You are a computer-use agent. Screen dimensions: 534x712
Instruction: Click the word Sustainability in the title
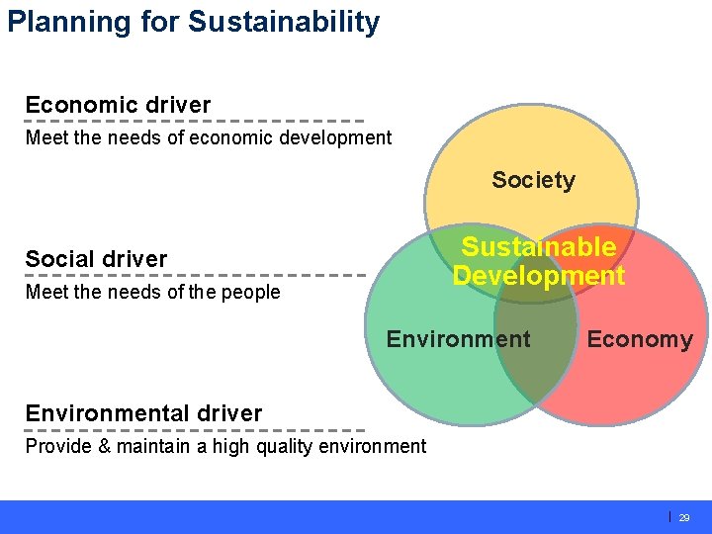point(283,22)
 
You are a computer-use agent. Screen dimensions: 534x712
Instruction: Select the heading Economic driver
point(118,105)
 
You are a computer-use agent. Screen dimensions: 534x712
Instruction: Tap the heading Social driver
point(96,259)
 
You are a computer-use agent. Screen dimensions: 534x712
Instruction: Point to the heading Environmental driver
point(143,413)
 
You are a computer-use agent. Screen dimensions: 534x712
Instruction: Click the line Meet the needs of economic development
point(209,137)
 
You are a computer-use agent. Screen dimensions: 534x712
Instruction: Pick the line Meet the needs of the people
point(152,292)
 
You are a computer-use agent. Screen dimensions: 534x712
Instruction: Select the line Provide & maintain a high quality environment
point(225,446)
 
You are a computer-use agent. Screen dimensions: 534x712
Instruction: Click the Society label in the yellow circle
point(533,180)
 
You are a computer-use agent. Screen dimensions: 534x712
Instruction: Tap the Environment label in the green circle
point(458,339)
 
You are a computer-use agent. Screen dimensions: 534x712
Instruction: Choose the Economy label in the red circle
point(639,340)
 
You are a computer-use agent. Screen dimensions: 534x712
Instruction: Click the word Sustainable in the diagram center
point(539,247)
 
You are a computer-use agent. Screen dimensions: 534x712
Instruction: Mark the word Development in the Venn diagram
point(539,276)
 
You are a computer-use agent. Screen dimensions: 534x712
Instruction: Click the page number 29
point(684,517)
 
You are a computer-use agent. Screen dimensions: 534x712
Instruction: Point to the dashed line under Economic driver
point(195,122)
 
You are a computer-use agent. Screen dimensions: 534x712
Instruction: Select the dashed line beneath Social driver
point(195,275)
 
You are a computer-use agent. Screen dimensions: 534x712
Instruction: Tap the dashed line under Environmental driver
point(195,430)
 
